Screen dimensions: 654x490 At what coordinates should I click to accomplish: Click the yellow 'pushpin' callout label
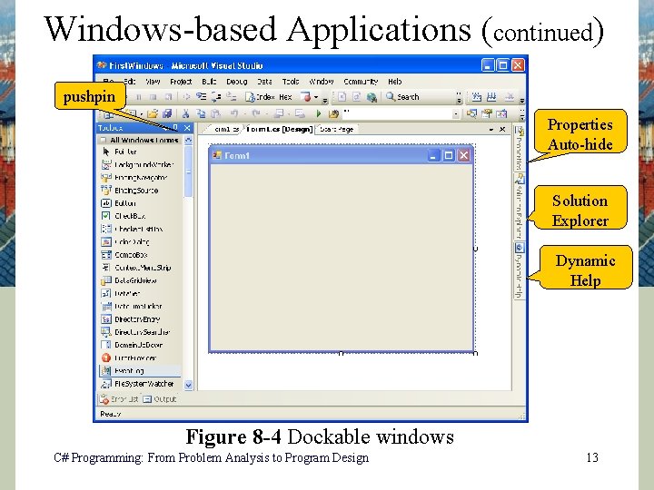(x=89, y=95)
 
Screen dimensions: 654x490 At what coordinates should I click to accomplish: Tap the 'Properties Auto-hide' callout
(x=580, y=134)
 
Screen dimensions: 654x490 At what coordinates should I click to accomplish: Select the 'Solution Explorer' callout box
(x=580, y=211)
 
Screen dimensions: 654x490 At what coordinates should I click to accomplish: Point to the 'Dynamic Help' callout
(x=585, y=270)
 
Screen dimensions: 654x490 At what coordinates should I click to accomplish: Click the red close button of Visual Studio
(x=518, y=65)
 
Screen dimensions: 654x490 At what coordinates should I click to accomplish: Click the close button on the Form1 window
(x=464, y=155)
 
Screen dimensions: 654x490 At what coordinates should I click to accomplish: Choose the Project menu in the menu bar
(x=181, y=82)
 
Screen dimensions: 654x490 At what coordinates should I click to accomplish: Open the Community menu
(x=361, y=82)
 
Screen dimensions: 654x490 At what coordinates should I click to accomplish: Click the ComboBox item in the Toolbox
(x=131, y=255)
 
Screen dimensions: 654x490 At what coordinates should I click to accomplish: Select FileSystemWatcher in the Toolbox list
(x=142, y=384)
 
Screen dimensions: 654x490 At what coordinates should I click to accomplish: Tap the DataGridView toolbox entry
(x=135, y=280)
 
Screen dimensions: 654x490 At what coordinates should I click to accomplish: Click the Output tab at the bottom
(x=164, y=399)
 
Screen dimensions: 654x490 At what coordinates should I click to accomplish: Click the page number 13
(x=591, y=458)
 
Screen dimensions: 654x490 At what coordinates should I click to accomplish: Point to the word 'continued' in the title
(x=541, y=32)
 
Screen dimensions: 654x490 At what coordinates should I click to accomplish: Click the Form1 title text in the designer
(x=237, y=155)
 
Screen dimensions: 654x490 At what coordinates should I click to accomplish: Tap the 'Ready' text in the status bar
(x=110, y=414)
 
